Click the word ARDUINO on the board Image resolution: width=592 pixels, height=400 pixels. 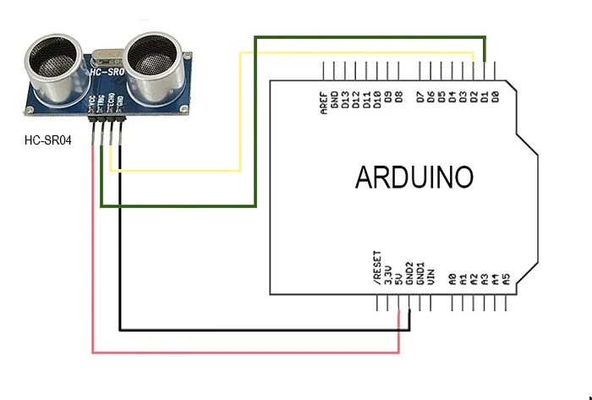point(414,178)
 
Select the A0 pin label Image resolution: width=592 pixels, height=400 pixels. point(452,276)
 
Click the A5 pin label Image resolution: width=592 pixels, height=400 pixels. point(506,276)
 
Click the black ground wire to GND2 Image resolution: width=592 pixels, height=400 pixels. point(254,329)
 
